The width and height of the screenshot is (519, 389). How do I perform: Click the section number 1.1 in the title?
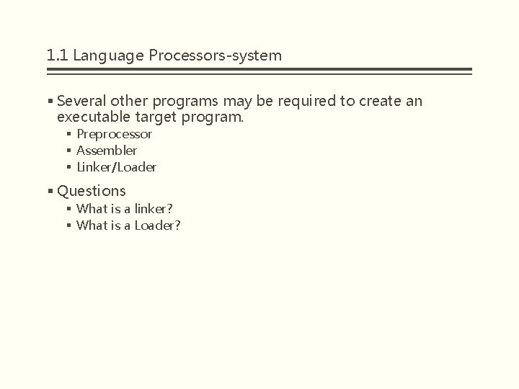pyautogui.click(x=56, y=55)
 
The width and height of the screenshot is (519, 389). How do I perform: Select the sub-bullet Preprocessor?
pyautogui.click(x=114, y=134)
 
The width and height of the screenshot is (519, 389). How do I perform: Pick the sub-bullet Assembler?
pyautogui.click(x=107, y=151)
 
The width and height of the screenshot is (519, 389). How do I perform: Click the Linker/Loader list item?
pyautogui.click(x=116, y=167)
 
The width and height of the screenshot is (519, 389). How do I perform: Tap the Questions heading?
pyautogui.click(x=92, y=191)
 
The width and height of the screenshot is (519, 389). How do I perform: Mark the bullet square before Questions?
pyautogui.click(x=50, y=191)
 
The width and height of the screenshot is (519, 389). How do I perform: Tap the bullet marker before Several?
pyautogui.click(x=50, y=101)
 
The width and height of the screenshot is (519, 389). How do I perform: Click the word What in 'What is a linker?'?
pyautogui.click(x=91, y=209)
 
